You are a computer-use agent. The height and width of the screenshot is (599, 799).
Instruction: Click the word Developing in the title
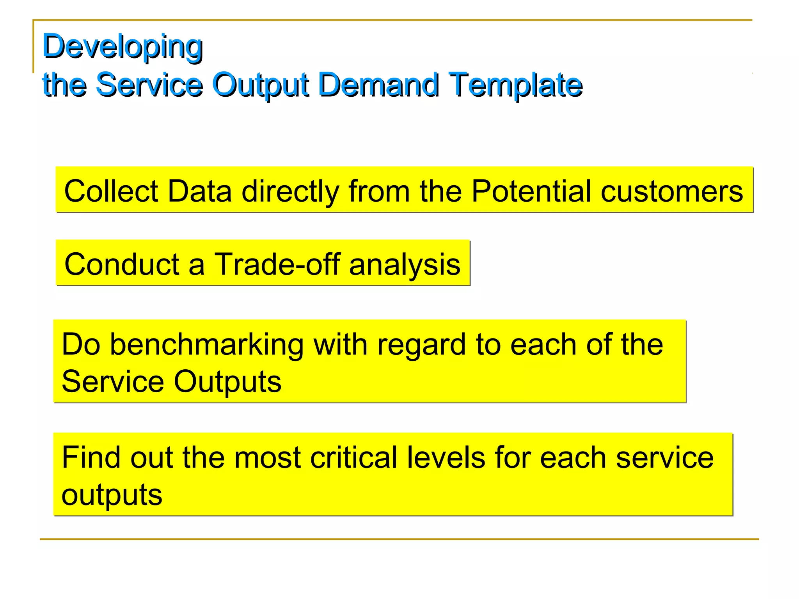click(x=122, y=47)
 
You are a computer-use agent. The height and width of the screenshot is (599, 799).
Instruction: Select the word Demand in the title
click(x=378, y=85)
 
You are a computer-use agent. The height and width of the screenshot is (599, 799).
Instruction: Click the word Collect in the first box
click(x=111, y=191)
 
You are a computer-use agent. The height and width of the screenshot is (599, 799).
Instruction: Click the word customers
click(x=671, y=191)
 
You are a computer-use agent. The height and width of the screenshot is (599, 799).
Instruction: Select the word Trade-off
click(x=277, y=264)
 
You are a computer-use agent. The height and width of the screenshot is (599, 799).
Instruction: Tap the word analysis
click(x=405, y=264)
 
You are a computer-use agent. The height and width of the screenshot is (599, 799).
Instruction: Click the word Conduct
click(x=121, y=264)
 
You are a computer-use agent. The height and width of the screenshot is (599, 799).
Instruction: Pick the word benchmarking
click(x=206, y=345)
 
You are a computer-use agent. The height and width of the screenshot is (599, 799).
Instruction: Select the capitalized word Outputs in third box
click(x=227, y=381)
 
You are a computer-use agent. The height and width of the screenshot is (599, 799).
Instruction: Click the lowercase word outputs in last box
click(x=112, y=495)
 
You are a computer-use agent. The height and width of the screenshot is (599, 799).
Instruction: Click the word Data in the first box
click(x=199, y=191)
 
